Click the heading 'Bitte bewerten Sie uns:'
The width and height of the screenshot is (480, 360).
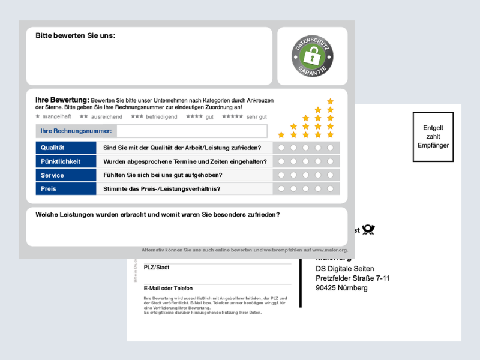pos(75,36)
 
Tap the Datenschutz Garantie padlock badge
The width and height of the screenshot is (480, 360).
pos(312,57)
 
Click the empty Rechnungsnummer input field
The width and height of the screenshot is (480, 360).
pos(192,131)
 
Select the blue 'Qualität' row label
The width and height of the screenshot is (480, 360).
pos(61,148)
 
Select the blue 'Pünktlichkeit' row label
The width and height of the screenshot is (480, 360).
pos(61,161)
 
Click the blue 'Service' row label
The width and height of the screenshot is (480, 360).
pos(61,175)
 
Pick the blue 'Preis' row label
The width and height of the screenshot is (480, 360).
pos(61,189)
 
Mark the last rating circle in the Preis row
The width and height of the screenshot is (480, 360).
pos(330,189)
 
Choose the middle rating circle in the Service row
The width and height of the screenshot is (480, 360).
pos(305,175)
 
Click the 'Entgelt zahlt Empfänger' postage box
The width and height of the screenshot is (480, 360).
pos(433,136)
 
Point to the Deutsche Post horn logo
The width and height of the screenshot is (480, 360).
pos(368,230)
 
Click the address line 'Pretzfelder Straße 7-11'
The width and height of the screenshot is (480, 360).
pos(353,278)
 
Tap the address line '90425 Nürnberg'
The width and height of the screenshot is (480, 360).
pos(341,288)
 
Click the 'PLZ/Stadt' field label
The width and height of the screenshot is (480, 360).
pos(157,268)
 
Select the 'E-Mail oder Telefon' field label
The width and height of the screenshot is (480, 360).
pos(168,289)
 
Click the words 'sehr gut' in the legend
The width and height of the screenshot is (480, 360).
pos(256,117)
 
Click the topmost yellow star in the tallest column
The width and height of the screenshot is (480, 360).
pos(330,101)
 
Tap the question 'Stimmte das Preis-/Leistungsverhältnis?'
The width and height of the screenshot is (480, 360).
pos(162,189)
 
